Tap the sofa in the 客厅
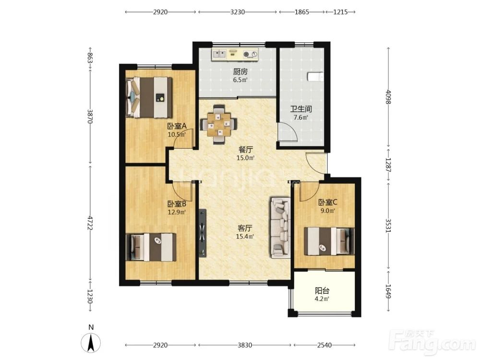pos(280,228)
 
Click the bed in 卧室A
pos(149,97)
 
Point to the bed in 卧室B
pos(151,247)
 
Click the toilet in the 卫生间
pos(315,76)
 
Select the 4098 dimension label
pos(388,97)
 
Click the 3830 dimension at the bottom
pos(245,345)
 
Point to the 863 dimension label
pos(90,58)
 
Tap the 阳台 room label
pos(322,290)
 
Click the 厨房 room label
pos(240,72)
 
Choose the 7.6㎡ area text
pos(300,117)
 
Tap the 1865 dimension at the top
pos(302,12)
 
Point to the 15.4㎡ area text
pos(245,236)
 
